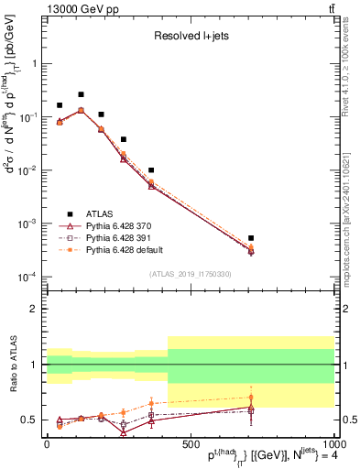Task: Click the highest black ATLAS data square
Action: (x=81, y=94)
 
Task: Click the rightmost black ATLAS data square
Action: (x=251, y=238)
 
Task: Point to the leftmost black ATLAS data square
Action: (x=60, y=105)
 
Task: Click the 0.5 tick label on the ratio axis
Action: (x=29, y=420)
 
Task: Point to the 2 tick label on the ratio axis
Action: (x=35, y=309)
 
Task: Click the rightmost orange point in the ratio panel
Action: (x=251, y=398)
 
